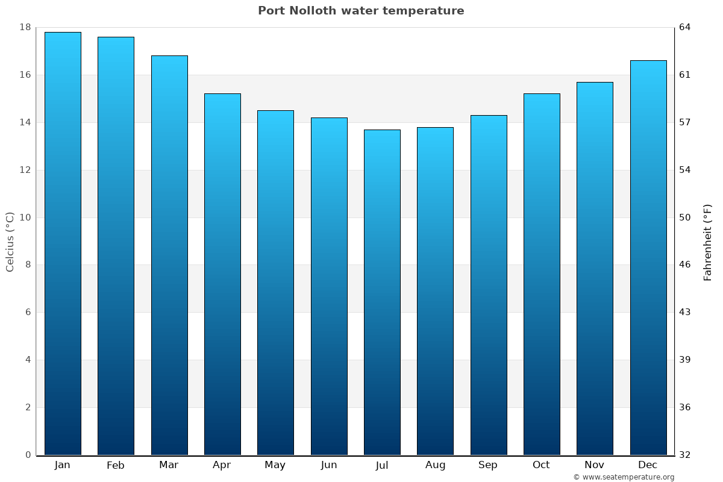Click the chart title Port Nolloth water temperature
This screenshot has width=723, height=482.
coord(361,11)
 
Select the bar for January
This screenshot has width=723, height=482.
coord(63,243)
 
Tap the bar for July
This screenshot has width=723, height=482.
coord(382,292)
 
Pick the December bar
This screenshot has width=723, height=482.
coord(648,257)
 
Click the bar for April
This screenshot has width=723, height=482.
coord(222,274)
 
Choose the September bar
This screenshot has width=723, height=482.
coord(489,285)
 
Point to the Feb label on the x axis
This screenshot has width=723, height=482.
coord(116,465)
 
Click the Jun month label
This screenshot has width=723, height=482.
coord(329,465)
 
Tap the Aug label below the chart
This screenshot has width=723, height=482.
coord(435,465)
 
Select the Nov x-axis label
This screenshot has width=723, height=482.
coord(595,465)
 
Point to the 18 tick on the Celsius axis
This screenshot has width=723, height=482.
coord(25,27)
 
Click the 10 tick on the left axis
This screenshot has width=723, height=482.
coord(25,218)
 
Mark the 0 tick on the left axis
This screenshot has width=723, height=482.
coord(28,455)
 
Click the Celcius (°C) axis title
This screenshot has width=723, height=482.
coord(10,242)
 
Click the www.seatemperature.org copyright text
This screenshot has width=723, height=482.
coord(624,477)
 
